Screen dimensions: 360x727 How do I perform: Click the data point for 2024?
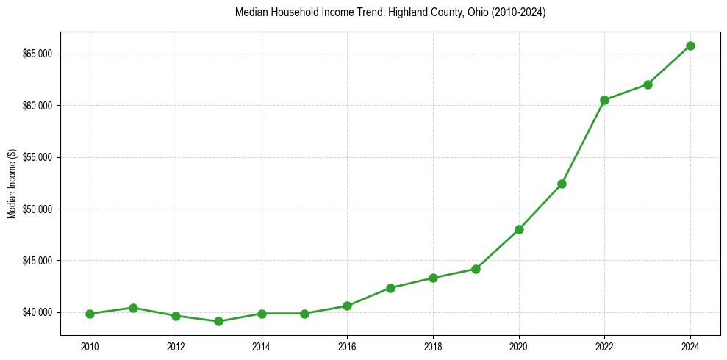[690, 46]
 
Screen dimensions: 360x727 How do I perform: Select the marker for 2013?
[218, 321]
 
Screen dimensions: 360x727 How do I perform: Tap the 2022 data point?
[604, 100]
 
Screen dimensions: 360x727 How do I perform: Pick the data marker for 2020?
[519, 229]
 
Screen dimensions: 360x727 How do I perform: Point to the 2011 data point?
[133, 308]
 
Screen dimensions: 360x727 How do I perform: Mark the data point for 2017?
[390, 288]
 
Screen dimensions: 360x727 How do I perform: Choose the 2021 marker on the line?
[562, 184]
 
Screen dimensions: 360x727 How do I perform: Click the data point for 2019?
[476, 269]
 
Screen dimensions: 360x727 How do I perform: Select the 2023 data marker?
[648, 84]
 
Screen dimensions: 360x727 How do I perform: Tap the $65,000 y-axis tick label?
[40, 54]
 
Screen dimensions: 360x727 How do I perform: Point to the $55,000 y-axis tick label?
[40, 158]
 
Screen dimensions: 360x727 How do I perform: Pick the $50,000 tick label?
[40, 209]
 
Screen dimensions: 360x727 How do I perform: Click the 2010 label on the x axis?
[90, 345]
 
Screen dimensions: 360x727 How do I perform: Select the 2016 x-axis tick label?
[347, 345]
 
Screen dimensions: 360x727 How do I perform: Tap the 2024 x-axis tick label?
[690, 345]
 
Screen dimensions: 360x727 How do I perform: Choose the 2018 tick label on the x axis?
[433, 345]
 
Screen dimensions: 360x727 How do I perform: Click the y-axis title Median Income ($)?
[12, 184]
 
